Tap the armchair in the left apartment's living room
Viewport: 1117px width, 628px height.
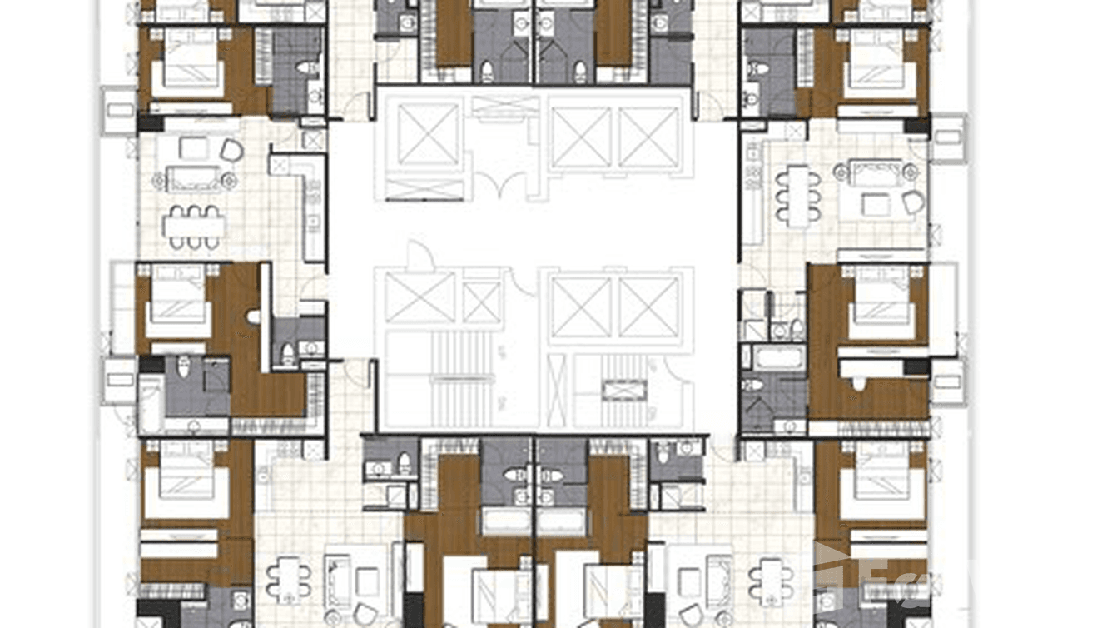231,151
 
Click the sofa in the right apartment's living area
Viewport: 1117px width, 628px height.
876,173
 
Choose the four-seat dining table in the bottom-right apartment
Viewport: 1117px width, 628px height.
771,578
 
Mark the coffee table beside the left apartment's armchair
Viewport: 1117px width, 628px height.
193,148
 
